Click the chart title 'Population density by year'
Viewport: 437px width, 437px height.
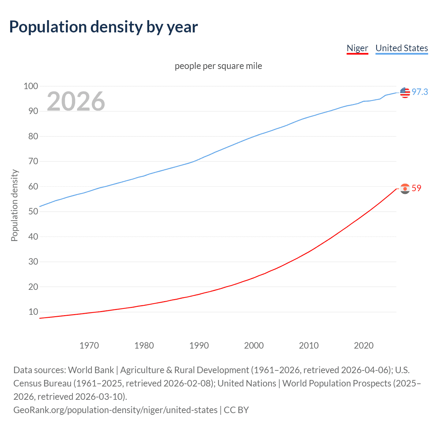pos(103,27)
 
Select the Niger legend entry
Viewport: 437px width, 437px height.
pos(357,48)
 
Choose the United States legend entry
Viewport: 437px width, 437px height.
pos(401,48)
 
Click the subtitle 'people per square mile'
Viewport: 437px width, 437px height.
pos(218,66)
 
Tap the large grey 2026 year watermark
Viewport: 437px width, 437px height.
pos(76,101)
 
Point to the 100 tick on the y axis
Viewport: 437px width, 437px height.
pos(31,86)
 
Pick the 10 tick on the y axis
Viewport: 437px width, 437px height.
pos(33,312)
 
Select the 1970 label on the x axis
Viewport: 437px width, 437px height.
pos(89,346)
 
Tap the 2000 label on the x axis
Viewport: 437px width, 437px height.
pos(254,346)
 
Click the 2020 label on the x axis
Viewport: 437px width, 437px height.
pos(364,346)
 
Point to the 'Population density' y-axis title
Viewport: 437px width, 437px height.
pos(14,206)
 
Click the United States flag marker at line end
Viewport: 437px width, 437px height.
pos(405,92)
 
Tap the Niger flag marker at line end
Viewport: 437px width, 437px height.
pos(405,188)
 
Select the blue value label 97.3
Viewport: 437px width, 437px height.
pos(420,92)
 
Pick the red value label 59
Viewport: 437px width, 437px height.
pos(417,188)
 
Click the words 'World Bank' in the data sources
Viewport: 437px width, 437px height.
pos(91,370)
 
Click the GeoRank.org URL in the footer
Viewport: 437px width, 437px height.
pos(115,410)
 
